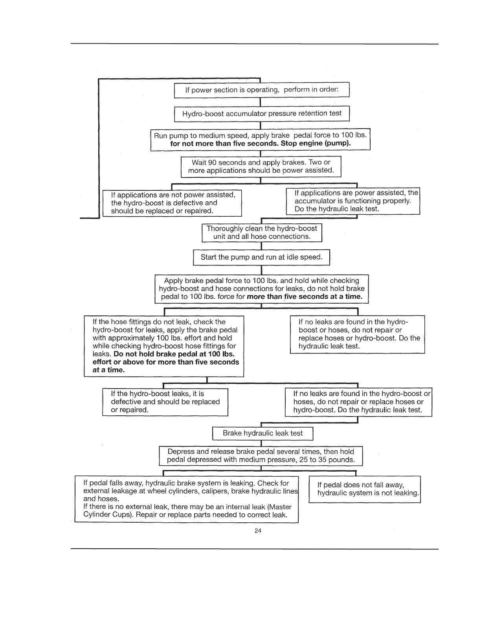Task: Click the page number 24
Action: click(x=258, y=531)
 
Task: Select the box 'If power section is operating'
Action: click(x=262, y=90)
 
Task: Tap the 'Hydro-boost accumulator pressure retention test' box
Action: click(x=262, y=114)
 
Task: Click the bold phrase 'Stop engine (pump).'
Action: click(x=316, y=143)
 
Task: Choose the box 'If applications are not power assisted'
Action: click(x=172, y=203)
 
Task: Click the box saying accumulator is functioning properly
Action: click(x=353, y=201)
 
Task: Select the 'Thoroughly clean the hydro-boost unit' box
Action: click(x=262, y=232)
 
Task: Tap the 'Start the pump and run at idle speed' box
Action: click(x=261, y=257)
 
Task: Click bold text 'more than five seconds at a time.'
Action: click(x=305, y=297)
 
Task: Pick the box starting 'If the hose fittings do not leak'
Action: click(x=164, y=346)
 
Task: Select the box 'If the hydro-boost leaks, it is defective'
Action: click(x=165, y=402)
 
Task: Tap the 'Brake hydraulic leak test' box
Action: click(x=263, y=433)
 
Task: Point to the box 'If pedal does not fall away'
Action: click(x=365, y=489)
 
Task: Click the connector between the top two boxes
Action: click(x=261, y=101)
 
